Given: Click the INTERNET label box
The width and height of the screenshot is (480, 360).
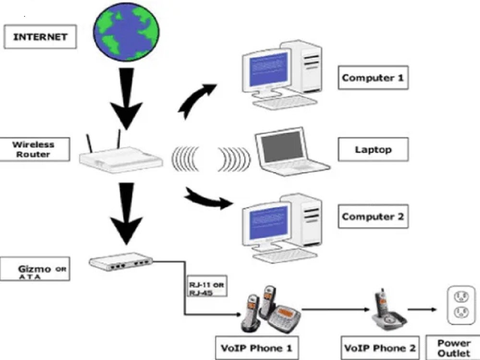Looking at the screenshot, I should click(x=40, y=37).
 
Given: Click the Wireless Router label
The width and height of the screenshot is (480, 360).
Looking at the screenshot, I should click(x=33, y=149).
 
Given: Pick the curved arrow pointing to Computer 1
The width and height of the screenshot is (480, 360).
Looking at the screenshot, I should click(x=194, y=98).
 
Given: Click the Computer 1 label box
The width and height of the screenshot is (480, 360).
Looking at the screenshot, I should click(x=373, y=77).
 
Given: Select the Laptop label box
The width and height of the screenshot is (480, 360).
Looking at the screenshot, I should click(x=373, y=149).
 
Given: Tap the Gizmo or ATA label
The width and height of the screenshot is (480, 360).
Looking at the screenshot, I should click(x=36, y=269).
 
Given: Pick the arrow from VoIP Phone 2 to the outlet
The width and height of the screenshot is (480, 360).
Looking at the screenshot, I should click(x=422, y=310).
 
